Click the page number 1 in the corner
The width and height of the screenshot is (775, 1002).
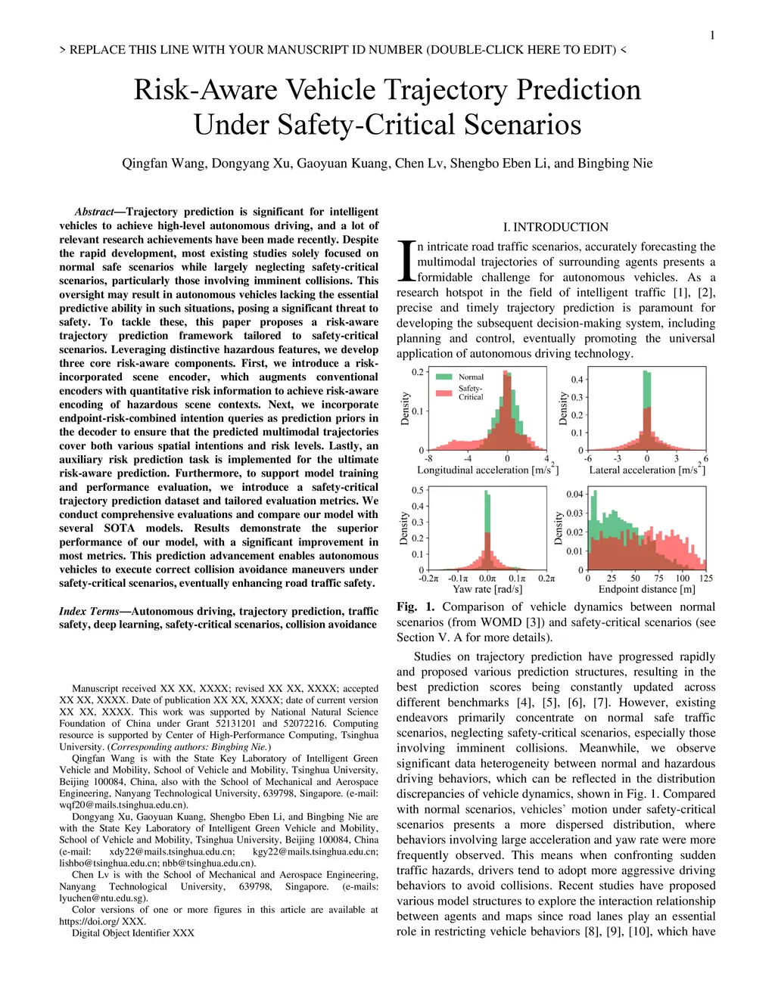pos(712,35)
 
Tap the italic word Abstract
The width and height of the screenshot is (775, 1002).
pos(94,212)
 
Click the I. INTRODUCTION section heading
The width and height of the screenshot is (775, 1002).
pos(556,227)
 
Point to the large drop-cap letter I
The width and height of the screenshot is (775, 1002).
pos(406,261)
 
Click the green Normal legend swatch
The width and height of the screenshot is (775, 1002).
pos(445,377)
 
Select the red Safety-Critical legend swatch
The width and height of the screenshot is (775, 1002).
pos(445,392)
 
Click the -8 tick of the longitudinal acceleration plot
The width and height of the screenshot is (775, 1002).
pos(428,458)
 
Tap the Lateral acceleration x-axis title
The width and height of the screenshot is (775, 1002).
pos(647,470)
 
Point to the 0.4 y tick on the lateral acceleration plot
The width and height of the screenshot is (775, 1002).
pos(577,380)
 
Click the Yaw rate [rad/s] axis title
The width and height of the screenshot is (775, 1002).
pos(487,589)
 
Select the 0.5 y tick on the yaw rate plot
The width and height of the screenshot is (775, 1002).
pos(418,491)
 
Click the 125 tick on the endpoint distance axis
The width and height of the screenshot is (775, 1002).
pos(705,579)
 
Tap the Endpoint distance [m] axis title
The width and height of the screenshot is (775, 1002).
pos(646,589)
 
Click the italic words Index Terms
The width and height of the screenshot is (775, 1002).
pos(89,611)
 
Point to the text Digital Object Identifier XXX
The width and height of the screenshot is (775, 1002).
pos(133,933)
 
